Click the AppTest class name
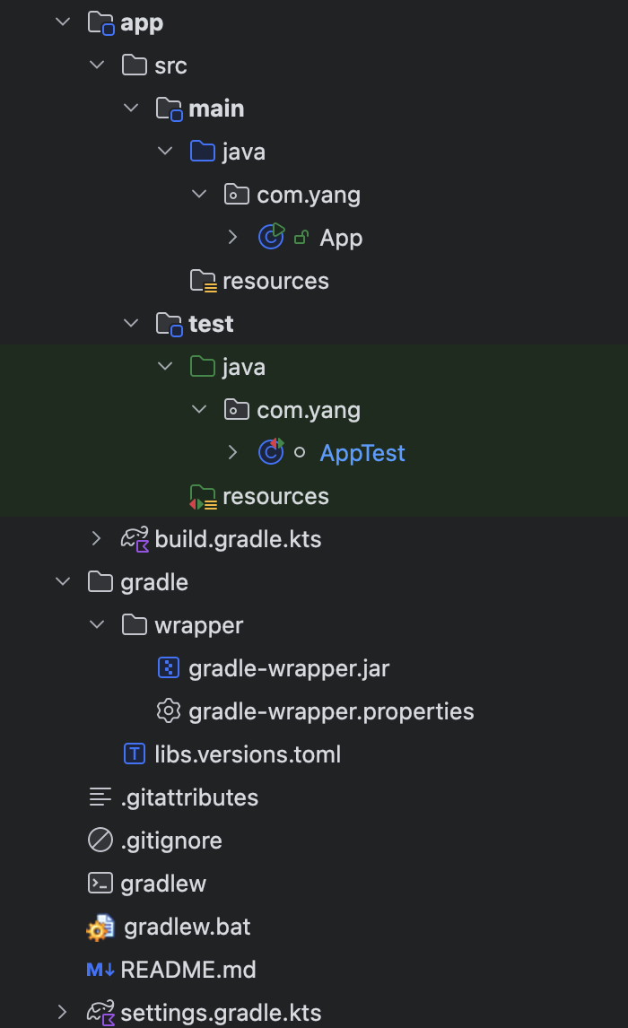(362, 453)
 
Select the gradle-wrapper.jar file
(289, 668)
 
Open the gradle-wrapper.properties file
(331, 711)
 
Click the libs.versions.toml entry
(248, 754)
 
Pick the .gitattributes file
(189, 797)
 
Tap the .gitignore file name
(171, 841)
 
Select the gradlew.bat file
(188, 927)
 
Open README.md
(188, 970)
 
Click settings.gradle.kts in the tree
(221, 1013)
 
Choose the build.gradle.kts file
(238, 539)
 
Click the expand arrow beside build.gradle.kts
(97, 539)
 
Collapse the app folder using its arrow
(63, 22)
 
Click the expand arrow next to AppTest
(233, 453)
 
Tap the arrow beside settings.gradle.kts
(63, 1013)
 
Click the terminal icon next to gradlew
(100, 884)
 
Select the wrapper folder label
(198, 625)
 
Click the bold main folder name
(216, 109)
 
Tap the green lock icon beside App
(301, 238)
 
